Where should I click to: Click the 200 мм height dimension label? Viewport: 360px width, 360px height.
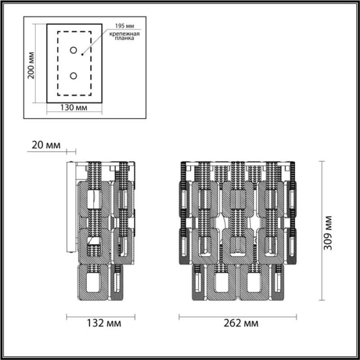coord(31,65)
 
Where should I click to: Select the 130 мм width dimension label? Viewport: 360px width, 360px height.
coord(74,108)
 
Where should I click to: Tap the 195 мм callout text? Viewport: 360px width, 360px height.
coord(125,26)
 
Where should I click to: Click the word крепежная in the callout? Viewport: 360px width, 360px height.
coord(124,34)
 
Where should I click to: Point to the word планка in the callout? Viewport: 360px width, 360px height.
coord(124,38)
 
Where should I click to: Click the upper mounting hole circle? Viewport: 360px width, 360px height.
coord(73,50)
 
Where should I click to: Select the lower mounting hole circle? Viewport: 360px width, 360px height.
coord(73,76)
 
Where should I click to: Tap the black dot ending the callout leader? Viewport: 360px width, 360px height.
coord(82,54)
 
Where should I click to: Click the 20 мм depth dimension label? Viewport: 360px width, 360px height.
coord(46,145)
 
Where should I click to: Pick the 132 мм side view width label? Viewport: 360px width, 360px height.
coord(104,323)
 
